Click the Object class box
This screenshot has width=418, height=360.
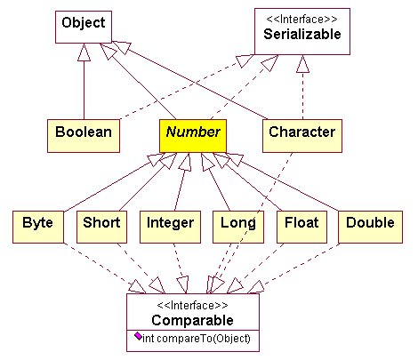pyautogui.click(x=84, y=27)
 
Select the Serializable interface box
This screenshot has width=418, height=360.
pyautogui.click(x=302, y=31)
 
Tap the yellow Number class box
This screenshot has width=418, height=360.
pyautogui.click(x=193, y=136)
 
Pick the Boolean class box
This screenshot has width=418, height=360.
pyautogui.click(x=84, y=136)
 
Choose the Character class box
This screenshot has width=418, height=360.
pyautogui.click(x=302, y=136)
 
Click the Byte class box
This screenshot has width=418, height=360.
pyautogui.click(x=38, y=227)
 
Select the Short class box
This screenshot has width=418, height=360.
pyautogui.click(x=101, y=227)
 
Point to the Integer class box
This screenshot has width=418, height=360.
pyautogui.click(x=170, y=227)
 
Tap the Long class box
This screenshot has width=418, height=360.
pyautogui.click(x=238, y=227)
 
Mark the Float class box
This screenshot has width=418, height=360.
pyautogui.click(x=301, y=227)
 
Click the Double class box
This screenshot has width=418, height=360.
pyautogui.click(x=370, y=227)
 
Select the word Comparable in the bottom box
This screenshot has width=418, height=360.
pyautogui.click(x=193, y=320)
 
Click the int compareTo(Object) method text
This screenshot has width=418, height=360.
pyautogui.click(x=197, y=339)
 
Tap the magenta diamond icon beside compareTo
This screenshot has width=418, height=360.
pyautogui.click(x=138, y=336)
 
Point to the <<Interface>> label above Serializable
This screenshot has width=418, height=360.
pyautogui.click(x=301, y=20)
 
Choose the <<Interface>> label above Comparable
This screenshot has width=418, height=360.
pyautogui.click(x=193, y=305)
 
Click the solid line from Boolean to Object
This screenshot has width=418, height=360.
pyautogui.click(x=84, y=82)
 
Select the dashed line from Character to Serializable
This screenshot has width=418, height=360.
pyautogui.click(x=302, y=87)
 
